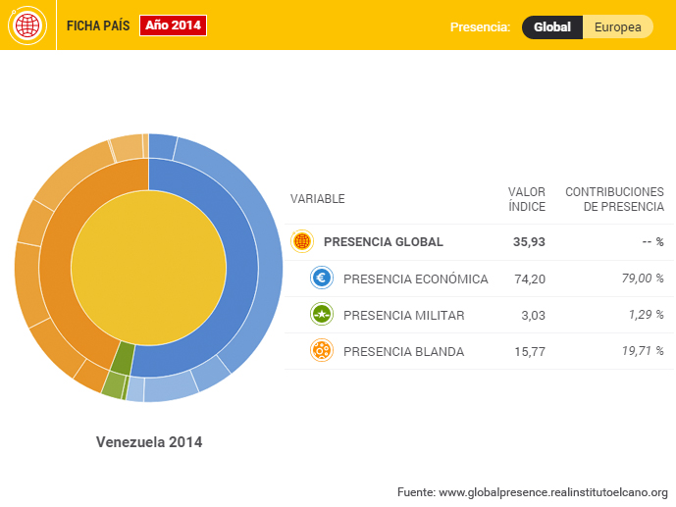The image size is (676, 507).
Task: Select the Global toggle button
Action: (x=552, y=27)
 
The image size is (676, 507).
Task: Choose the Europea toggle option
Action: (x=618, y=27)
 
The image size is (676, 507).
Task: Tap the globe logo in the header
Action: (x=26, y=25)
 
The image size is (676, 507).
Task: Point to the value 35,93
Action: (x=529, y=242)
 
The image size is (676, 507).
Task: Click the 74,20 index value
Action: (x=529, y=279)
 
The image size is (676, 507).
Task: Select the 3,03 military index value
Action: (x=534, y=315)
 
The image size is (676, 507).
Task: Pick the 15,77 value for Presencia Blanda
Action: (x=529, y=351)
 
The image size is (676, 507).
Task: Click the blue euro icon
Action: (x=321, y=279)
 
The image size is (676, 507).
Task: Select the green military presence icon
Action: (x=321, y=315)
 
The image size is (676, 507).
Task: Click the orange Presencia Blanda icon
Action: (x=321, y=351)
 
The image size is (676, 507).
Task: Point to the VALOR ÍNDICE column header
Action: (x=527, y=199)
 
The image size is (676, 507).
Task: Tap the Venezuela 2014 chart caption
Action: (x=149, y=442)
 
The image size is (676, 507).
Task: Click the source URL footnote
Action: (x=532, y=491)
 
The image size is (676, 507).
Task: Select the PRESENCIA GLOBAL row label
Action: (x=383, y=242)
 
